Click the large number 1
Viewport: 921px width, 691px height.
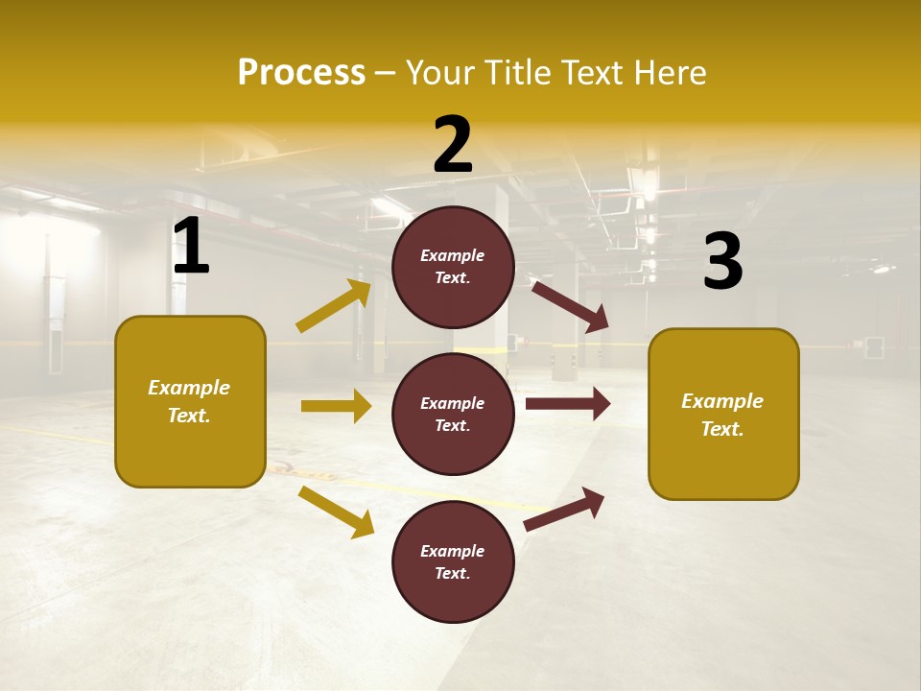(191, 248)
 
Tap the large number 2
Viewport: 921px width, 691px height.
(453, 146)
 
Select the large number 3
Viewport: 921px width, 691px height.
(722, 263)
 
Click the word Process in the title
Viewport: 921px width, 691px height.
(301, 72)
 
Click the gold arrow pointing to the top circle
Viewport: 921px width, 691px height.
(334, 306)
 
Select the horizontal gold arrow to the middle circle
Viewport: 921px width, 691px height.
(336, 406)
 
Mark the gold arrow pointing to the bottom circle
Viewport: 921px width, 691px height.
(336, 512)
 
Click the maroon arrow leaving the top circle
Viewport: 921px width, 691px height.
(570, 306)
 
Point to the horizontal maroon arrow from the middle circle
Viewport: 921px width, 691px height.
(568, 403)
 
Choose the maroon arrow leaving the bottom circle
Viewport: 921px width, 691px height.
(565, 509)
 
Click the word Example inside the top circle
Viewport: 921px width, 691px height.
(453, 256)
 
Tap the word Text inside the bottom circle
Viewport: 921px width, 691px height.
(451, 574)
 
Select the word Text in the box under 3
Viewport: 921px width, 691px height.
(720, 430)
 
